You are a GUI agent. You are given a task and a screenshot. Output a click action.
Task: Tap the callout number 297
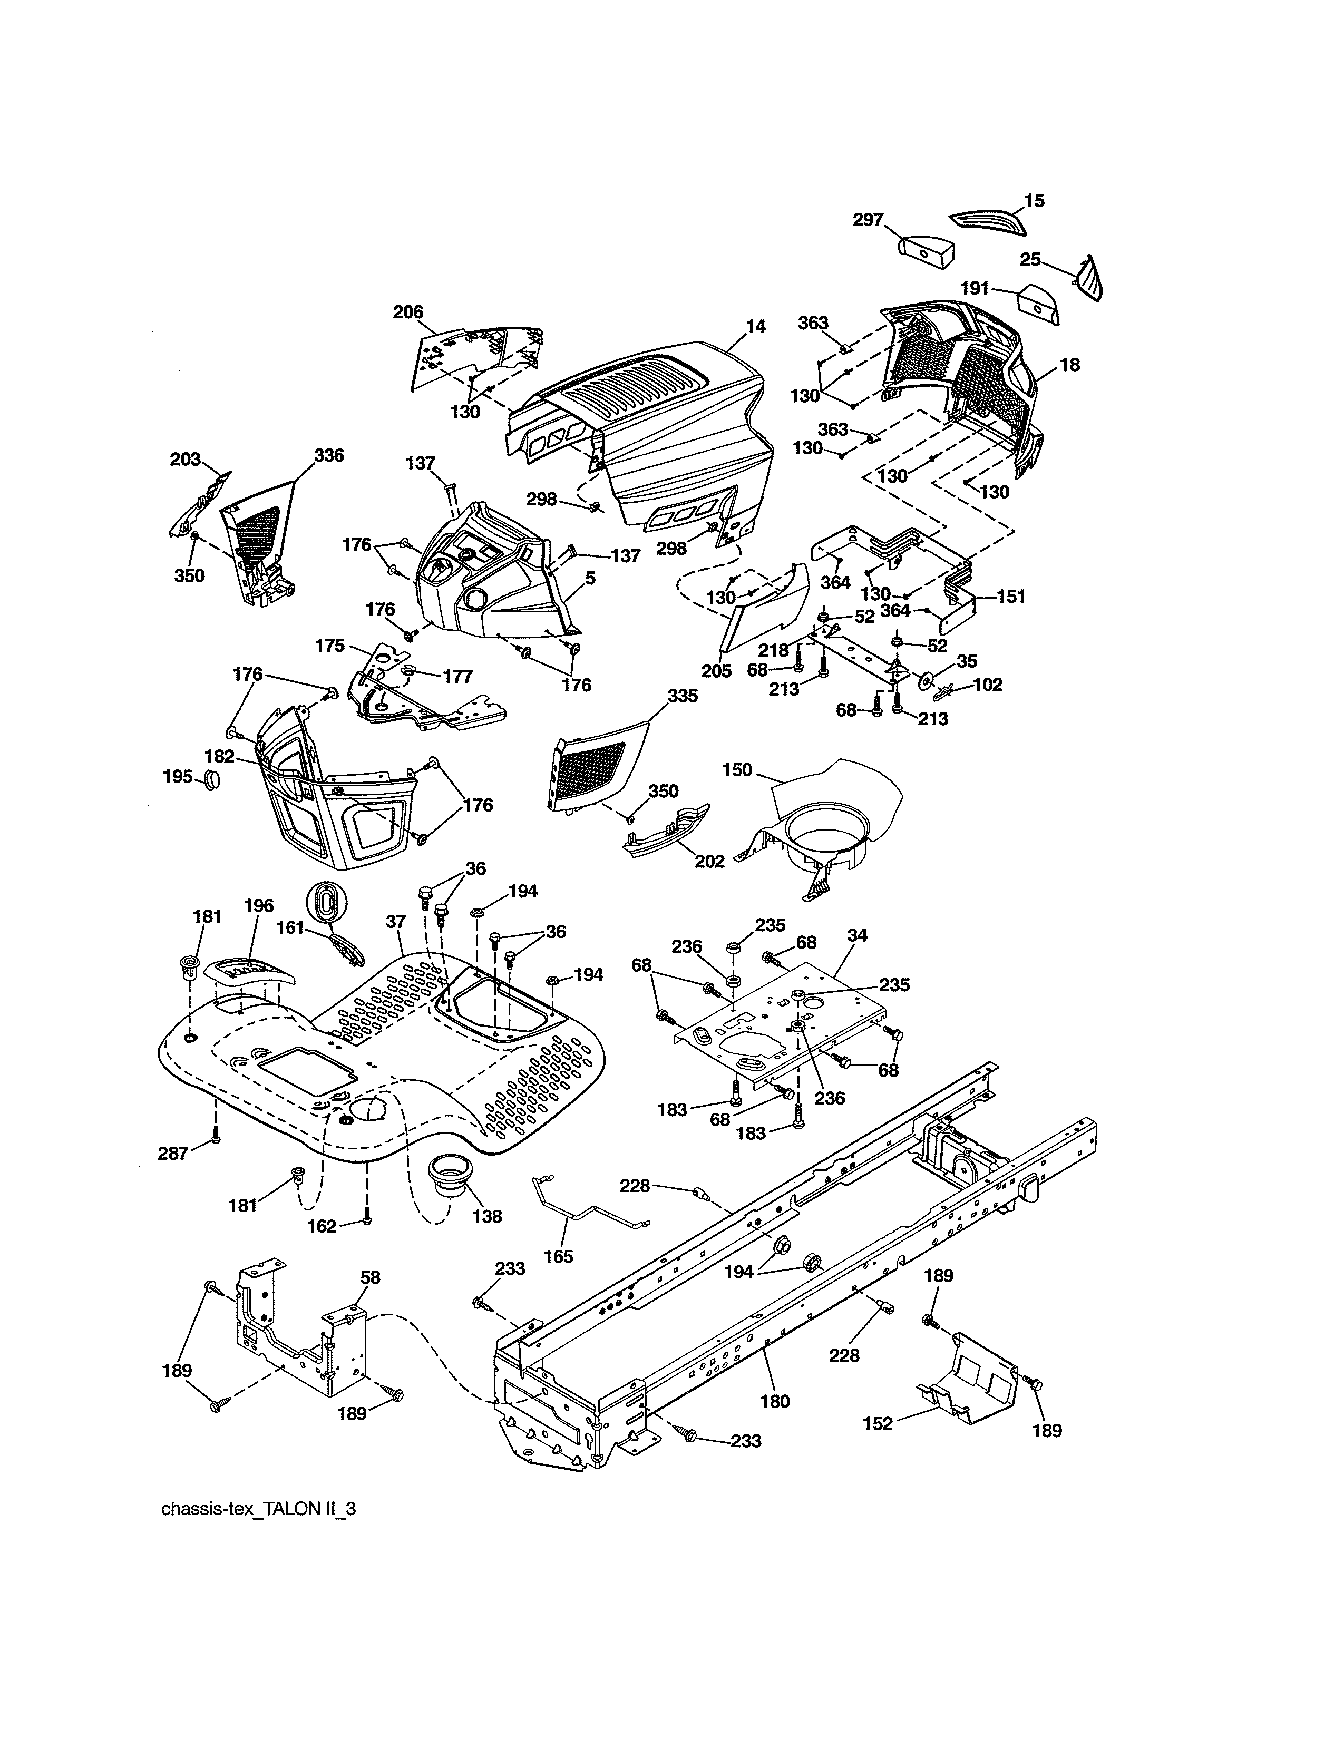tap(868, 219)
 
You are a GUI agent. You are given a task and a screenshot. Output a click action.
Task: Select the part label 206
tap(407, 312)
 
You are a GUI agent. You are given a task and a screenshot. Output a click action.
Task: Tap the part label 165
tap(558, 1256)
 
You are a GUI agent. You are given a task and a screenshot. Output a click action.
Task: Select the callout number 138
tap(486, 1216)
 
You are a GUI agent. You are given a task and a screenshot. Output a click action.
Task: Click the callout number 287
tap(173, 1152)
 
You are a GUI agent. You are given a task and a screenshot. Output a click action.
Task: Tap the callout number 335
tap(683, 695)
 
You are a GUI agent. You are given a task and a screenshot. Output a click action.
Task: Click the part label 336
tap(329, 455)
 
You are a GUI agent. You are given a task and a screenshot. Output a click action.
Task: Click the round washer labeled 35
tap(925, 681)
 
